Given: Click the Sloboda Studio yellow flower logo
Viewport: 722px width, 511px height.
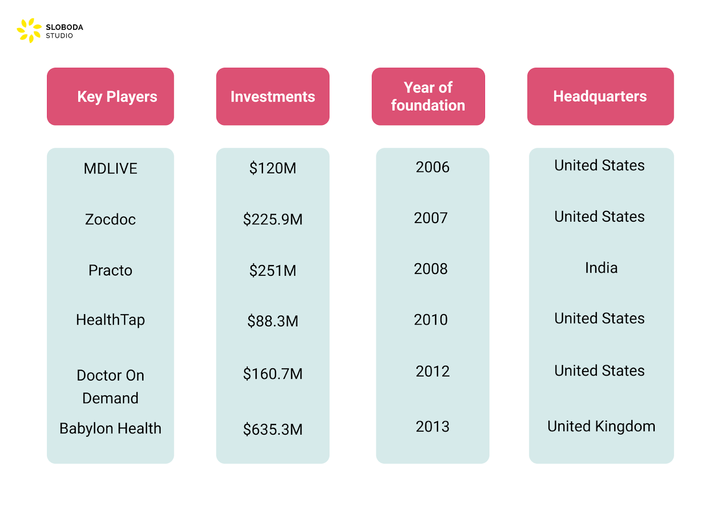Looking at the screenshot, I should pyautogui.click(x=29, y=31).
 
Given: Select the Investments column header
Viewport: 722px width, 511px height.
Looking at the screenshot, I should pyautogui.click(x=273, y=97).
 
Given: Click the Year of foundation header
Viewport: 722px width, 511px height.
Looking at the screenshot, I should pyautogui.click(x=428, y=97).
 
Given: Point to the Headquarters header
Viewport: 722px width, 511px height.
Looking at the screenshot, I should pyautogui.click(x=600, y=97).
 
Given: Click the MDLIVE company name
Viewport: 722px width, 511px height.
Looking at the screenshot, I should pyautogui.click(x=111, y=168).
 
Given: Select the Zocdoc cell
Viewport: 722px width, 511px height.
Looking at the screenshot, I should pyautogui.click(x=111, y=219).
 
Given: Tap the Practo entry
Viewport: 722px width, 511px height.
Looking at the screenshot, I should pyautogui.click(x=111, y=270).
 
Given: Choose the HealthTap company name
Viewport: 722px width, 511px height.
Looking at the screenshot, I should pyautogui.click(x=111, y=320).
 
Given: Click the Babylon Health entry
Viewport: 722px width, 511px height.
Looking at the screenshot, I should pyautogui.click(x=111, y=428).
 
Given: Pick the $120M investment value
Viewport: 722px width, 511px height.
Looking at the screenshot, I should pyautogui.click(x=273, y=168).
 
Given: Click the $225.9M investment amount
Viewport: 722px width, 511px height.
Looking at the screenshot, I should pyautogui.click(x=273, y=219).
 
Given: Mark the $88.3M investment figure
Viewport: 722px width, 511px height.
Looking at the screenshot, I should pyautogui.click(x=273, y=321).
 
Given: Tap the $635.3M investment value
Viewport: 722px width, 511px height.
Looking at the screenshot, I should pyautogui.click(x=273, y=429).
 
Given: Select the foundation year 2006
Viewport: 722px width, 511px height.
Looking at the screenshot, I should pyautogui.click(x=432, y=167).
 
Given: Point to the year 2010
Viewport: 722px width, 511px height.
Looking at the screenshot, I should pyautogui.click(x=430, y=320).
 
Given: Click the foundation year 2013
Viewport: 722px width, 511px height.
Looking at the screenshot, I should pyautogui.click(x=432, y=427).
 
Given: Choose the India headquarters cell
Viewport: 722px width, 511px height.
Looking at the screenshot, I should pyautogui.click(x=601, y=268).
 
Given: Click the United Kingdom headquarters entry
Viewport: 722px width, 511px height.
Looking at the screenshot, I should pyautogui.click(x=601, y=427).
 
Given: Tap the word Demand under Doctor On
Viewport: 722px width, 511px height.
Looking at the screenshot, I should pyautogui.click(x=111, y=398).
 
